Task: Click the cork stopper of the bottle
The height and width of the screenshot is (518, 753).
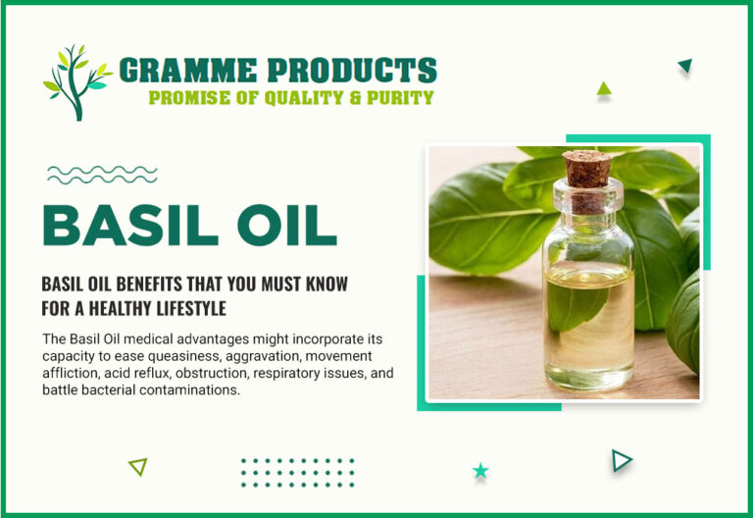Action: tap(586, 168)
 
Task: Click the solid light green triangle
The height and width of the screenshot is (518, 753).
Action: tap(604, 89)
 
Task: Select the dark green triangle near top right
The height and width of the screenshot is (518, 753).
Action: tap(685, 67)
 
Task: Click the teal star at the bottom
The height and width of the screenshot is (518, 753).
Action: tap(480, 471)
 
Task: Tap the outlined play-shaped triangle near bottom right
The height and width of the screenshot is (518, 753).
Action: tap(621, 460)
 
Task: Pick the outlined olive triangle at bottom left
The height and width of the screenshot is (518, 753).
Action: tap(138, 467)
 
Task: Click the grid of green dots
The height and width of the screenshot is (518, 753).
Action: tap(297, 472)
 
